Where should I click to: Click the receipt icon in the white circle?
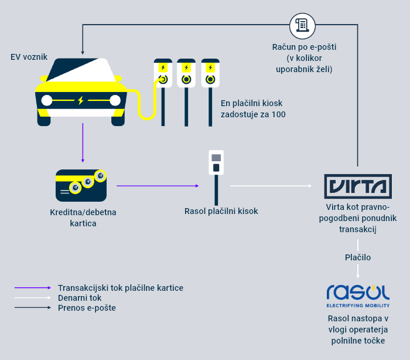[302, 25]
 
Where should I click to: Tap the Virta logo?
[358, 186]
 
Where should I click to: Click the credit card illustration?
[82, 185]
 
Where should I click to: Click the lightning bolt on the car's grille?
[81, 100]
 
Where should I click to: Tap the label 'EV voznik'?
[29, 57]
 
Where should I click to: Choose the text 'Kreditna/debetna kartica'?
[83, 218]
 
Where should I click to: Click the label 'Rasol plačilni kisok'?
[221, 211]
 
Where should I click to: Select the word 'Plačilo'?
[357, 257]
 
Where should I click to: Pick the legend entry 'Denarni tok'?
[80, 298]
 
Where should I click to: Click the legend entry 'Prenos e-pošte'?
[87, 307]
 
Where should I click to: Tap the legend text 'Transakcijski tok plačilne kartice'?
[121, 288]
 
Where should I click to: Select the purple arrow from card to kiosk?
[158, 186]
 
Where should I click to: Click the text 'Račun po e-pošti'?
[304, 46]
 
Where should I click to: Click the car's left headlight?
[47, 100]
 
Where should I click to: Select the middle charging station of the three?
[186, 91]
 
